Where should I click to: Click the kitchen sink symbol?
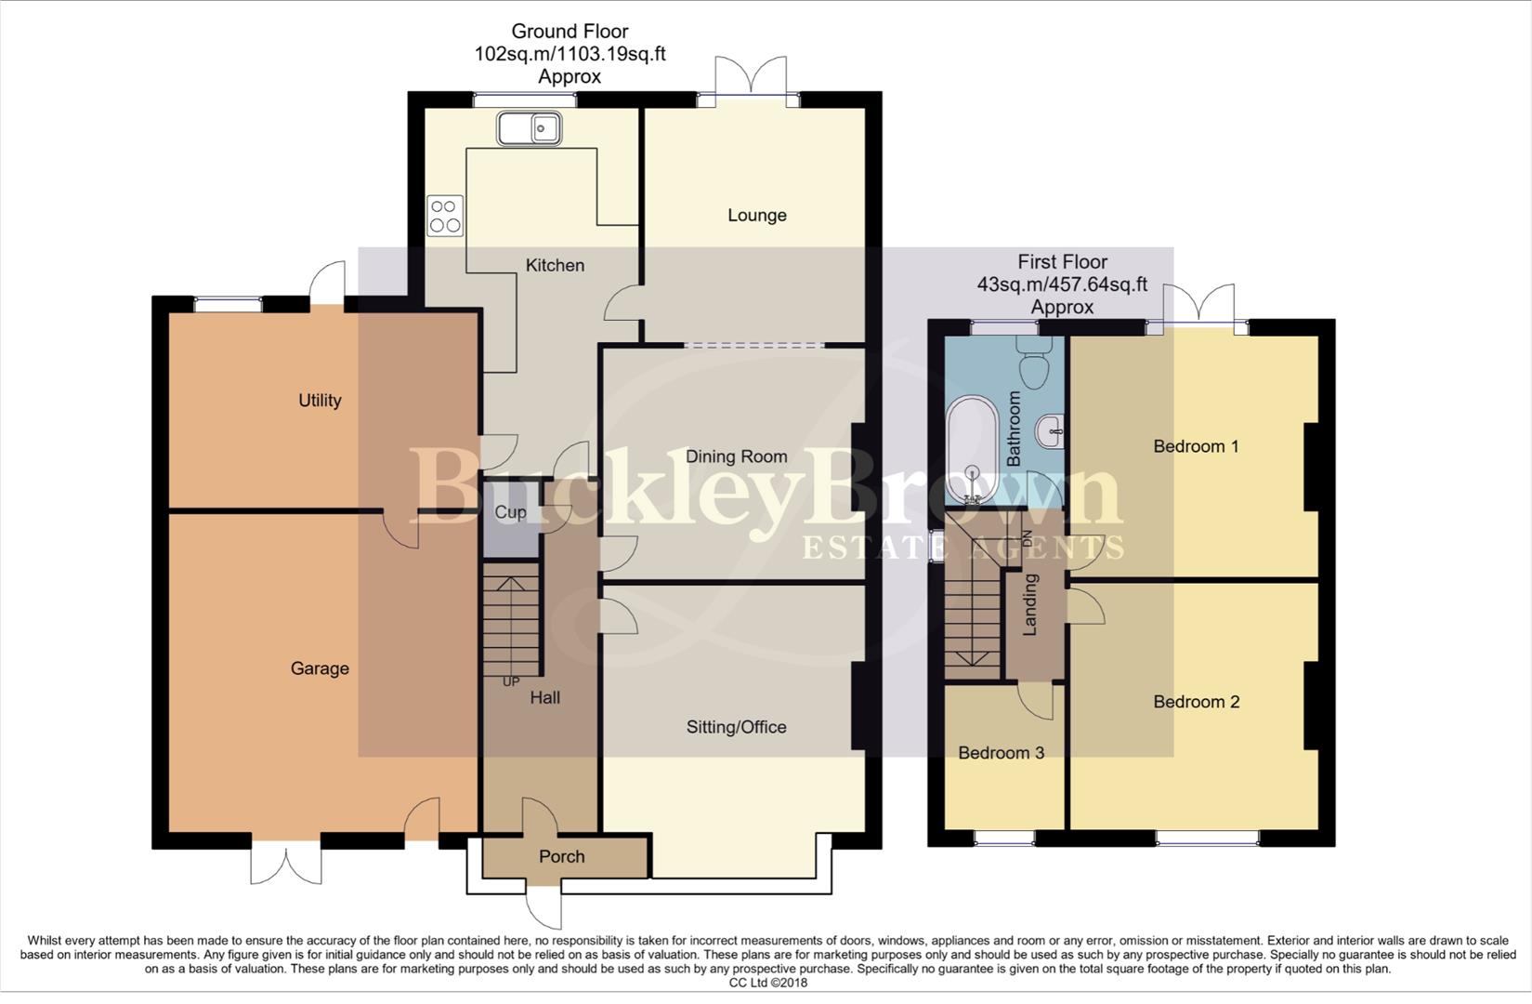click(528, 128)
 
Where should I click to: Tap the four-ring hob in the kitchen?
click(444, 216)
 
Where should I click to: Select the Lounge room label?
click(756, 216)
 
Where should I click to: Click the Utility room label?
click(320, 401)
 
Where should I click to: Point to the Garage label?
click(320, 668)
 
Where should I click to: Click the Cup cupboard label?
click(510, 512)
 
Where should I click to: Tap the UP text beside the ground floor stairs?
click(511, 681)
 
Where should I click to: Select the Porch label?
click(562, 857)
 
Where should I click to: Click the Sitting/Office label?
click(736, 728)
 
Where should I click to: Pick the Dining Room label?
click(736, 456)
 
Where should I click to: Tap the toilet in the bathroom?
click(1034, 363)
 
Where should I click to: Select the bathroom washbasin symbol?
click(1051, 429)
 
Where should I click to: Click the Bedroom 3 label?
click(1001, 753)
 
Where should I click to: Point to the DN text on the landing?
click(1027, 538)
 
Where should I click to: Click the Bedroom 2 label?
click(1196, 702)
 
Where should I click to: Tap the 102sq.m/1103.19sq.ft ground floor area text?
click(570, 54)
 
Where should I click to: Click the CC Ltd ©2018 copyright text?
click(767, 983)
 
